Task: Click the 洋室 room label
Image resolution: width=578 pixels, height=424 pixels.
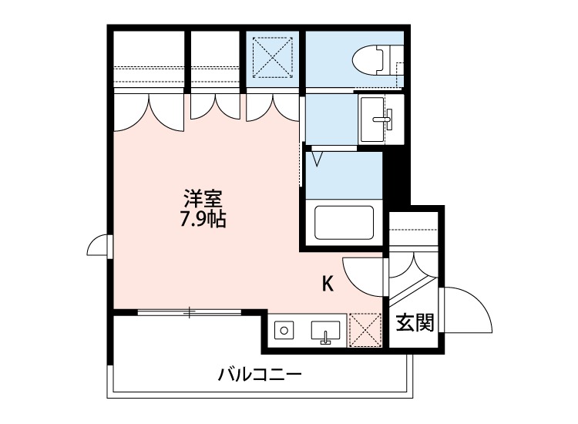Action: tap(203, 198)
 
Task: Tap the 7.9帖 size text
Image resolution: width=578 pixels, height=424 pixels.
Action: tap(203, 220)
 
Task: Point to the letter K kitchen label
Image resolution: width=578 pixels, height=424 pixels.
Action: tap(328, 284)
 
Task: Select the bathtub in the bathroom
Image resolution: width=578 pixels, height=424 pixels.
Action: tap(344, 223)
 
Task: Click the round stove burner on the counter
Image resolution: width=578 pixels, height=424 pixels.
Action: tap(284, 331)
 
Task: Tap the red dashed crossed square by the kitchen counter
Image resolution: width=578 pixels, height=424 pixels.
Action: tap(365, 329)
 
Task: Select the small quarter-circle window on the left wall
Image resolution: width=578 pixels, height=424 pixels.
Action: tap(98, 246)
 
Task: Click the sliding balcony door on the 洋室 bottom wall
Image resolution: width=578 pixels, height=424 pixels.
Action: tap(189, 312)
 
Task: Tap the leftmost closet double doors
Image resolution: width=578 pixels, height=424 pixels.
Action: tap(150, 109)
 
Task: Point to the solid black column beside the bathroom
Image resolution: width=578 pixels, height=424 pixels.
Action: tap(396, 182)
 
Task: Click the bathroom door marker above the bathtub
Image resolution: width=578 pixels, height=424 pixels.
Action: tap(318, 160)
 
